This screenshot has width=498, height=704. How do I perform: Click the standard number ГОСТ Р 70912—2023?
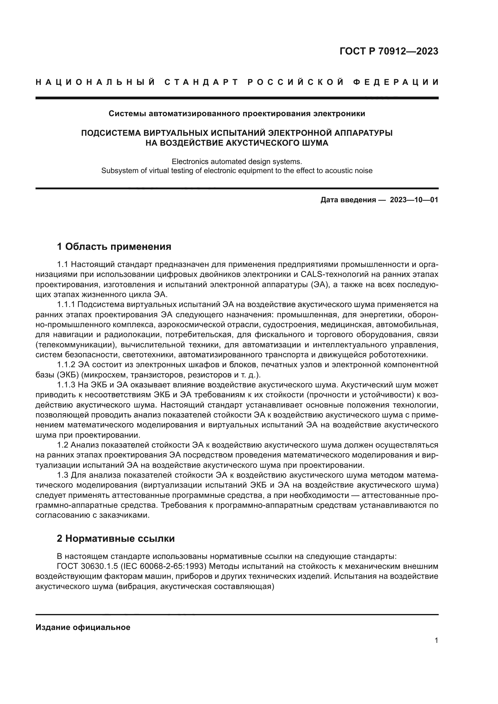pos(388,51)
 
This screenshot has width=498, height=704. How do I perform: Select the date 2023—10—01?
pos(414,200)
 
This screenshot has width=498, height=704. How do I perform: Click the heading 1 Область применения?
pos(114,246)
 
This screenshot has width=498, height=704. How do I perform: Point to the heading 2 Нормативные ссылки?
pos(116,538)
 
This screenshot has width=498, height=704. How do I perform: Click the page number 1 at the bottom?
pos(436,640)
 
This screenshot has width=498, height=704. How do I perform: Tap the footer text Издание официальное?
pos(83,627)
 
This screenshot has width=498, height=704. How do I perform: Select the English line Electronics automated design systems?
pos(237,162)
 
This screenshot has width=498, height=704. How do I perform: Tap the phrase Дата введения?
pos(348,200)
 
